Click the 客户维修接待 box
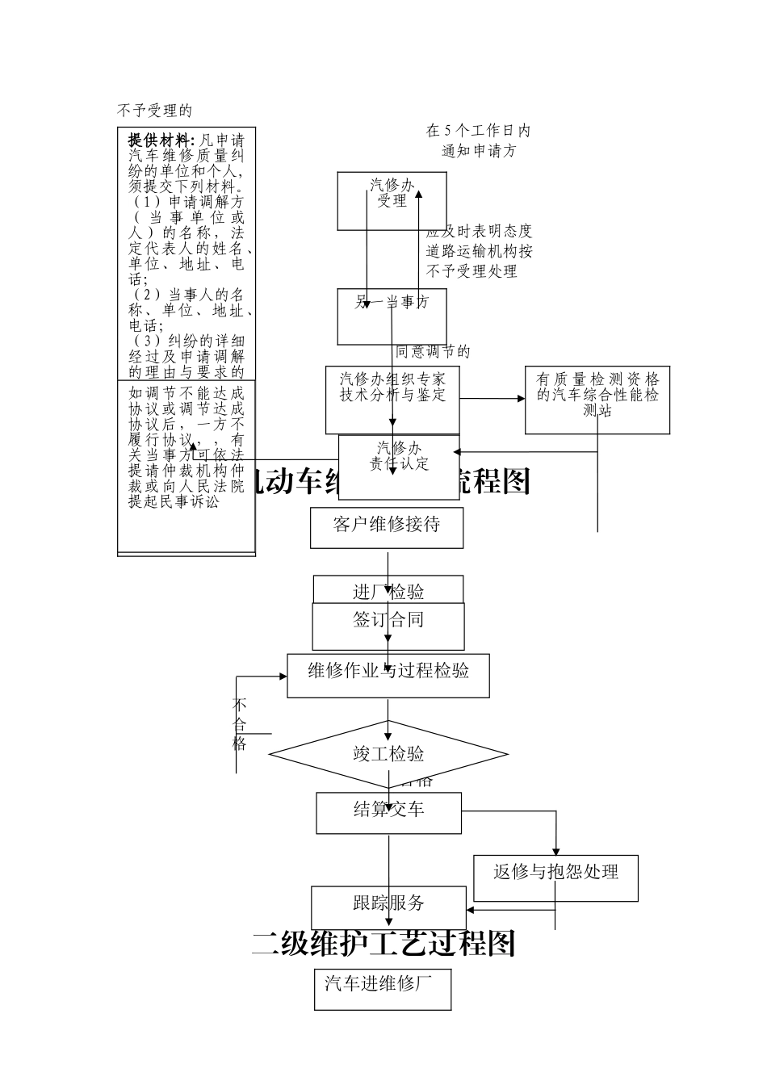click(x=387, y=527)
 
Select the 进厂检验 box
click(x=388, y=589)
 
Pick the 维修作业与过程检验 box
click(x=388, y=675)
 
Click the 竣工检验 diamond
click(x=388, y=755)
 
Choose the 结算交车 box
click(x=388, y=813)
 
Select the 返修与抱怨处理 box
click(x=555, y=878)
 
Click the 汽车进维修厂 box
click(x=383, y=989)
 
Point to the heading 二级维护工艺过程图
click(x=383, y=943)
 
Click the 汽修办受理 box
click(x=392, y=200)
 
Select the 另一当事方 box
click(x=392, y=316)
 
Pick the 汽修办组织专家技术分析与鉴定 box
click(x=392, y=400)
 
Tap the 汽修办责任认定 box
click(x=399, y=456)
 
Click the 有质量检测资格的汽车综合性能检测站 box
click(x=597, y=400)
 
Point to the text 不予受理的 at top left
click(x=154, y=111)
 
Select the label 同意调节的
click(x=433, y=351)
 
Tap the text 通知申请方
click(x=479, y=150)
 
